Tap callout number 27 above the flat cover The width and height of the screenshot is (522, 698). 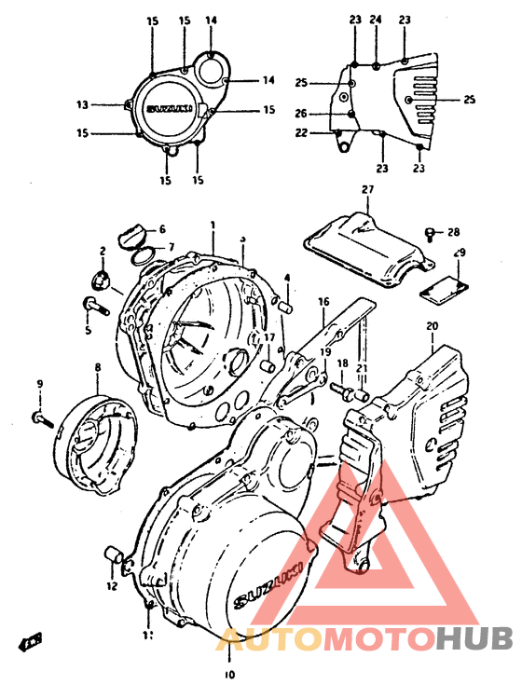(x=366, y=190)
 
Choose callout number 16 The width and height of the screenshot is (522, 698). (x=324, y=302)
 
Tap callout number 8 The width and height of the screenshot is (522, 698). (x=96, y=369)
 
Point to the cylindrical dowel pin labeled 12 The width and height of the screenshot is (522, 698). (x=113, y=556)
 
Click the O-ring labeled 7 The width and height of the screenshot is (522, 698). (x=141, y=253)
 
